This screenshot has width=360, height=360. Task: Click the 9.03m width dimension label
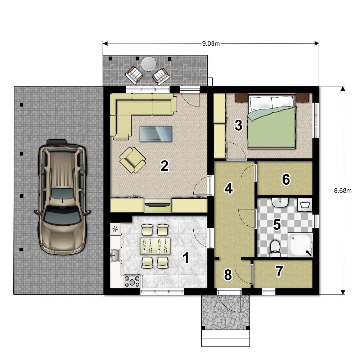[211, 44]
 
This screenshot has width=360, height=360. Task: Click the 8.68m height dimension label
[343, 190]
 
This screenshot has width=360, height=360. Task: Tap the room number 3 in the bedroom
[239, 125]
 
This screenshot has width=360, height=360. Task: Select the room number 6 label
[286, 179]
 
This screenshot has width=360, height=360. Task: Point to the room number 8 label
[228, 275]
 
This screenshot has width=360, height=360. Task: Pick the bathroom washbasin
[280, 202]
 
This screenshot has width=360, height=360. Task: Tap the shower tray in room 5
[300, 245]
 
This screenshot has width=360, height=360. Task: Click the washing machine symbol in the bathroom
[305, 204]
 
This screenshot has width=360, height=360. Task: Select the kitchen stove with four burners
[132, 281]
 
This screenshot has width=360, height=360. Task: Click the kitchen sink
[115, 255]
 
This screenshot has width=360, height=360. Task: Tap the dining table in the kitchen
[155, 246]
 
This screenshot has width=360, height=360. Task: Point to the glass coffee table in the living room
[156, 134]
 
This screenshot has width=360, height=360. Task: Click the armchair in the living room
[133, 160]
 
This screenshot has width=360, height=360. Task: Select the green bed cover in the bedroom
[271, 127]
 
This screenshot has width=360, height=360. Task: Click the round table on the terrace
[149, 64]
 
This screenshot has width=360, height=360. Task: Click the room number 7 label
[279, 271]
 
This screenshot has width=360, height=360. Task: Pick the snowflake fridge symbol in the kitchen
[116, 229]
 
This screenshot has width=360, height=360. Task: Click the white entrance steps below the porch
[226, 338]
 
